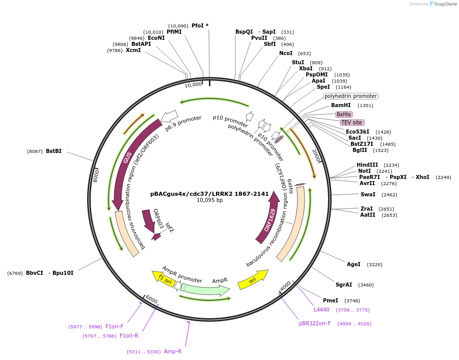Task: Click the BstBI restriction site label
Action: [53, 151]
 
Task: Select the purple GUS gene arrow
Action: [126, 158]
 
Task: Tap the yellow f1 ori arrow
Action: [164, 278]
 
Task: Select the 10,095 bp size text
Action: [209, 200]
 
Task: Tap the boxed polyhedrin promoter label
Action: [350, 96]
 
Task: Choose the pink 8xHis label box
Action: [344, 114]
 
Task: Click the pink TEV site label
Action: [352, 122]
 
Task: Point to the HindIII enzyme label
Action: [367, 165]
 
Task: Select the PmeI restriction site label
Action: [331, 300]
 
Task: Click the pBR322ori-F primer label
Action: [315, 323]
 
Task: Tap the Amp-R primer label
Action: [173, 351]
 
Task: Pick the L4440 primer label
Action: [321, 310]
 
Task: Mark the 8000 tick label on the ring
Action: [95, 175]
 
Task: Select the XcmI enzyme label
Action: [133, 50]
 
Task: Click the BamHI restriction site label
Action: [341, 106]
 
